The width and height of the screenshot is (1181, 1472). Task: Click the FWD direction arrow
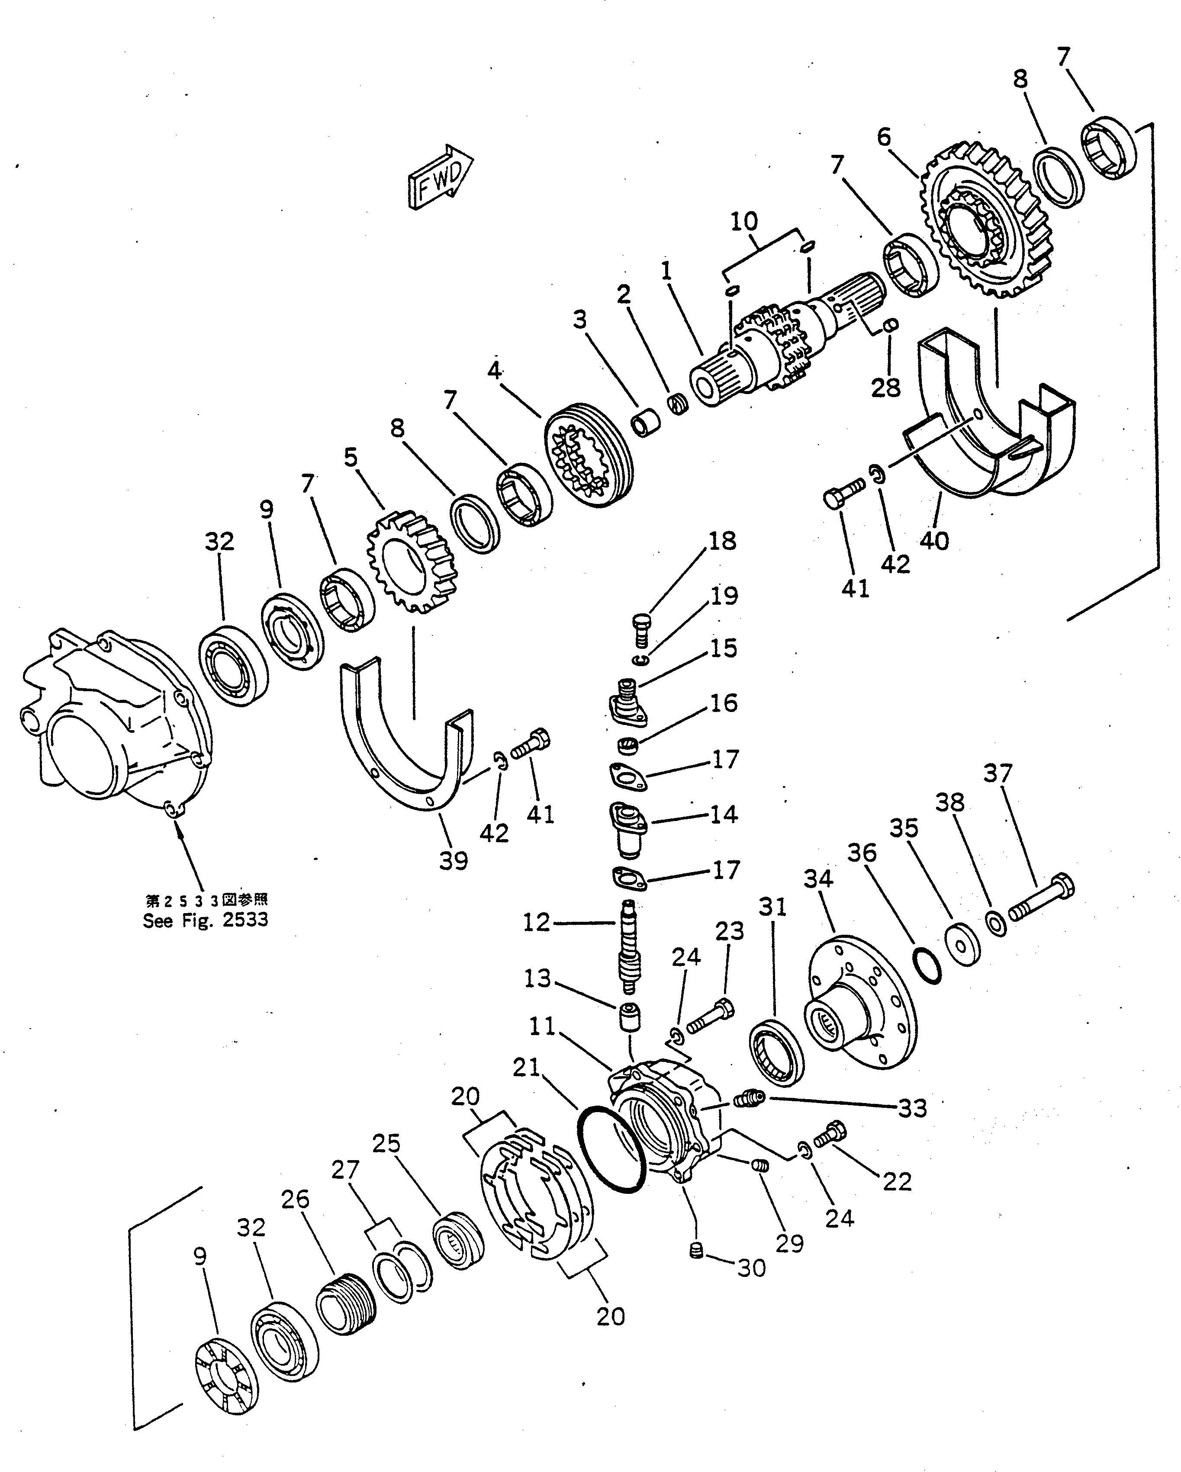click(440, 177)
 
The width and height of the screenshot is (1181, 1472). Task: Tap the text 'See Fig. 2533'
click(205, 920)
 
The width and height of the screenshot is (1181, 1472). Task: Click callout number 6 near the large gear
click(884, 137)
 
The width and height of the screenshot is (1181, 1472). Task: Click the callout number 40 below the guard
click(934, 540)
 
